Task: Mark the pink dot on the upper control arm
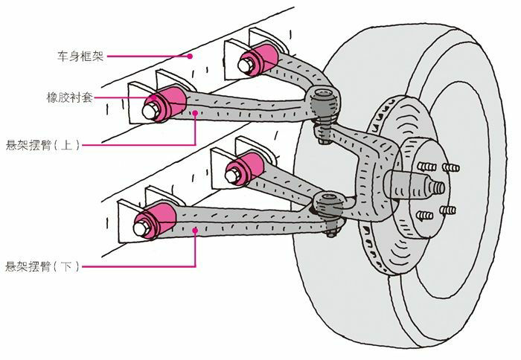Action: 195,113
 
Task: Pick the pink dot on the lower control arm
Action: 195,231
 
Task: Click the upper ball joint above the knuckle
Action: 322,100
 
